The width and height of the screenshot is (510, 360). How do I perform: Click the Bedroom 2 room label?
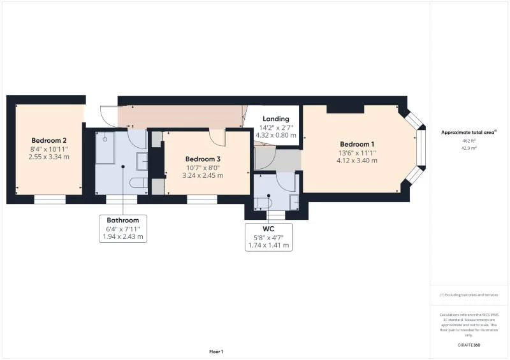(x=49, y=140)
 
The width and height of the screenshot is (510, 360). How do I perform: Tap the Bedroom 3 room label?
(x=203, y=159)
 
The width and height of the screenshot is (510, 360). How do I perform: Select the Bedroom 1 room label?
(x=357, y=144)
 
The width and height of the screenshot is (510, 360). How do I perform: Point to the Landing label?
(x=276, y=119)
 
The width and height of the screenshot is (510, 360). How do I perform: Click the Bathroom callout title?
(x=122, y=220)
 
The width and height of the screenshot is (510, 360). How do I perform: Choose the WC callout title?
(x=268, y=229)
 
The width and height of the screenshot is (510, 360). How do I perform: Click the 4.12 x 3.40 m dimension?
(x=357, y=161)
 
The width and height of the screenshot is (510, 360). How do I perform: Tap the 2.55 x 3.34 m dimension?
(x=49, y=157)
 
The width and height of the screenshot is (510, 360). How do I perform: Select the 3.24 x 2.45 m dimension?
(x=203, y=176)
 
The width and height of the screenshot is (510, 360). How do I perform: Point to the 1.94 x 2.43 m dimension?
(x=122, y=236)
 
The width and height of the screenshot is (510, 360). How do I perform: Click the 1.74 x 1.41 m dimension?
(x=268, y=245)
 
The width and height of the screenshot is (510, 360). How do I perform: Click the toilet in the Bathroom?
(x=138, y=183)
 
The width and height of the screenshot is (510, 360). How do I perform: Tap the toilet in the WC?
(x=263, y=203)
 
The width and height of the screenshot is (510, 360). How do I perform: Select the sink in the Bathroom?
(x=142, y=161)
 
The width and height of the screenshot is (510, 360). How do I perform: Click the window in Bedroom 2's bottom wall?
(x=50, y=199)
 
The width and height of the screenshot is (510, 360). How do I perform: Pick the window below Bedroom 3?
(x=202, y=199)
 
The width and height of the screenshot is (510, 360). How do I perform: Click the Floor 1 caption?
(x=216, y=352)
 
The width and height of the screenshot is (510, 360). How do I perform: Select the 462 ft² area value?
(x=469, y=141)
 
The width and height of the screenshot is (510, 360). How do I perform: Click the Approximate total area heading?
(x=469, y=133)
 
